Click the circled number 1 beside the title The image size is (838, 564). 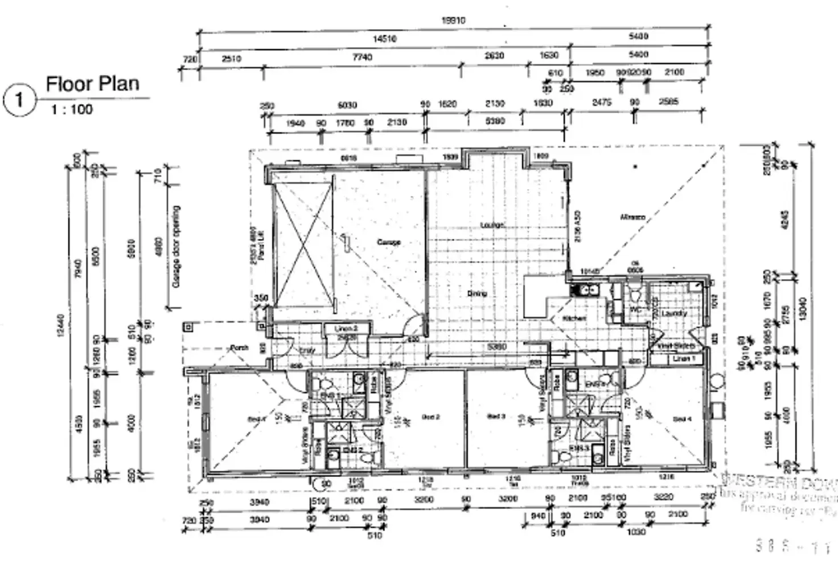tap(19, 100)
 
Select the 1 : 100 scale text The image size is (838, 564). tap(71, 109)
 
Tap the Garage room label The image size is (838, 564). tap(389, 242)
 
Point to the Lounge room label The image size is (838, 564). tap(492, 225)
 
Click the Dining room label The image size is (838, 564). tap(477, 293)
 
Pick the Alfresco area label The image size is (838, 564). tap(632, 217)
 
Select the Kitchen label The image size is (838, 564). tap(574, 318)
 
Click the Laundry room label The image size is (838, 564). tap(675, 313)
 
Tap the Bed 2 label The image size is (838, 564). tap(431, 417)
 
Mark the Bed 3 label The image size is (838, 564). tap(496, 416)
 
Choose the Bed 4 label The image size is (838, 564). tap(682, 419)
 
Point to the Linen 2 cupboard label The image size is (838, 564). tap(346, 329)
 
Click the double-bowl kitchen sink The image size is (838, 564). tap(585, 291)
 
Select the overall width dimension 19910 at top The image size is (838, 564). tap(453, 21)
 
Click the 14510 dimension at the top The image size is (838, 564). tap(384, 39)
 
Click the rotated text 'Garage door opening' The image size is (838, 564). tap(176, 246)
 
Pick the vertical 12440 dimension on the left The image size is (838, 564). tap(61, 325)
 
